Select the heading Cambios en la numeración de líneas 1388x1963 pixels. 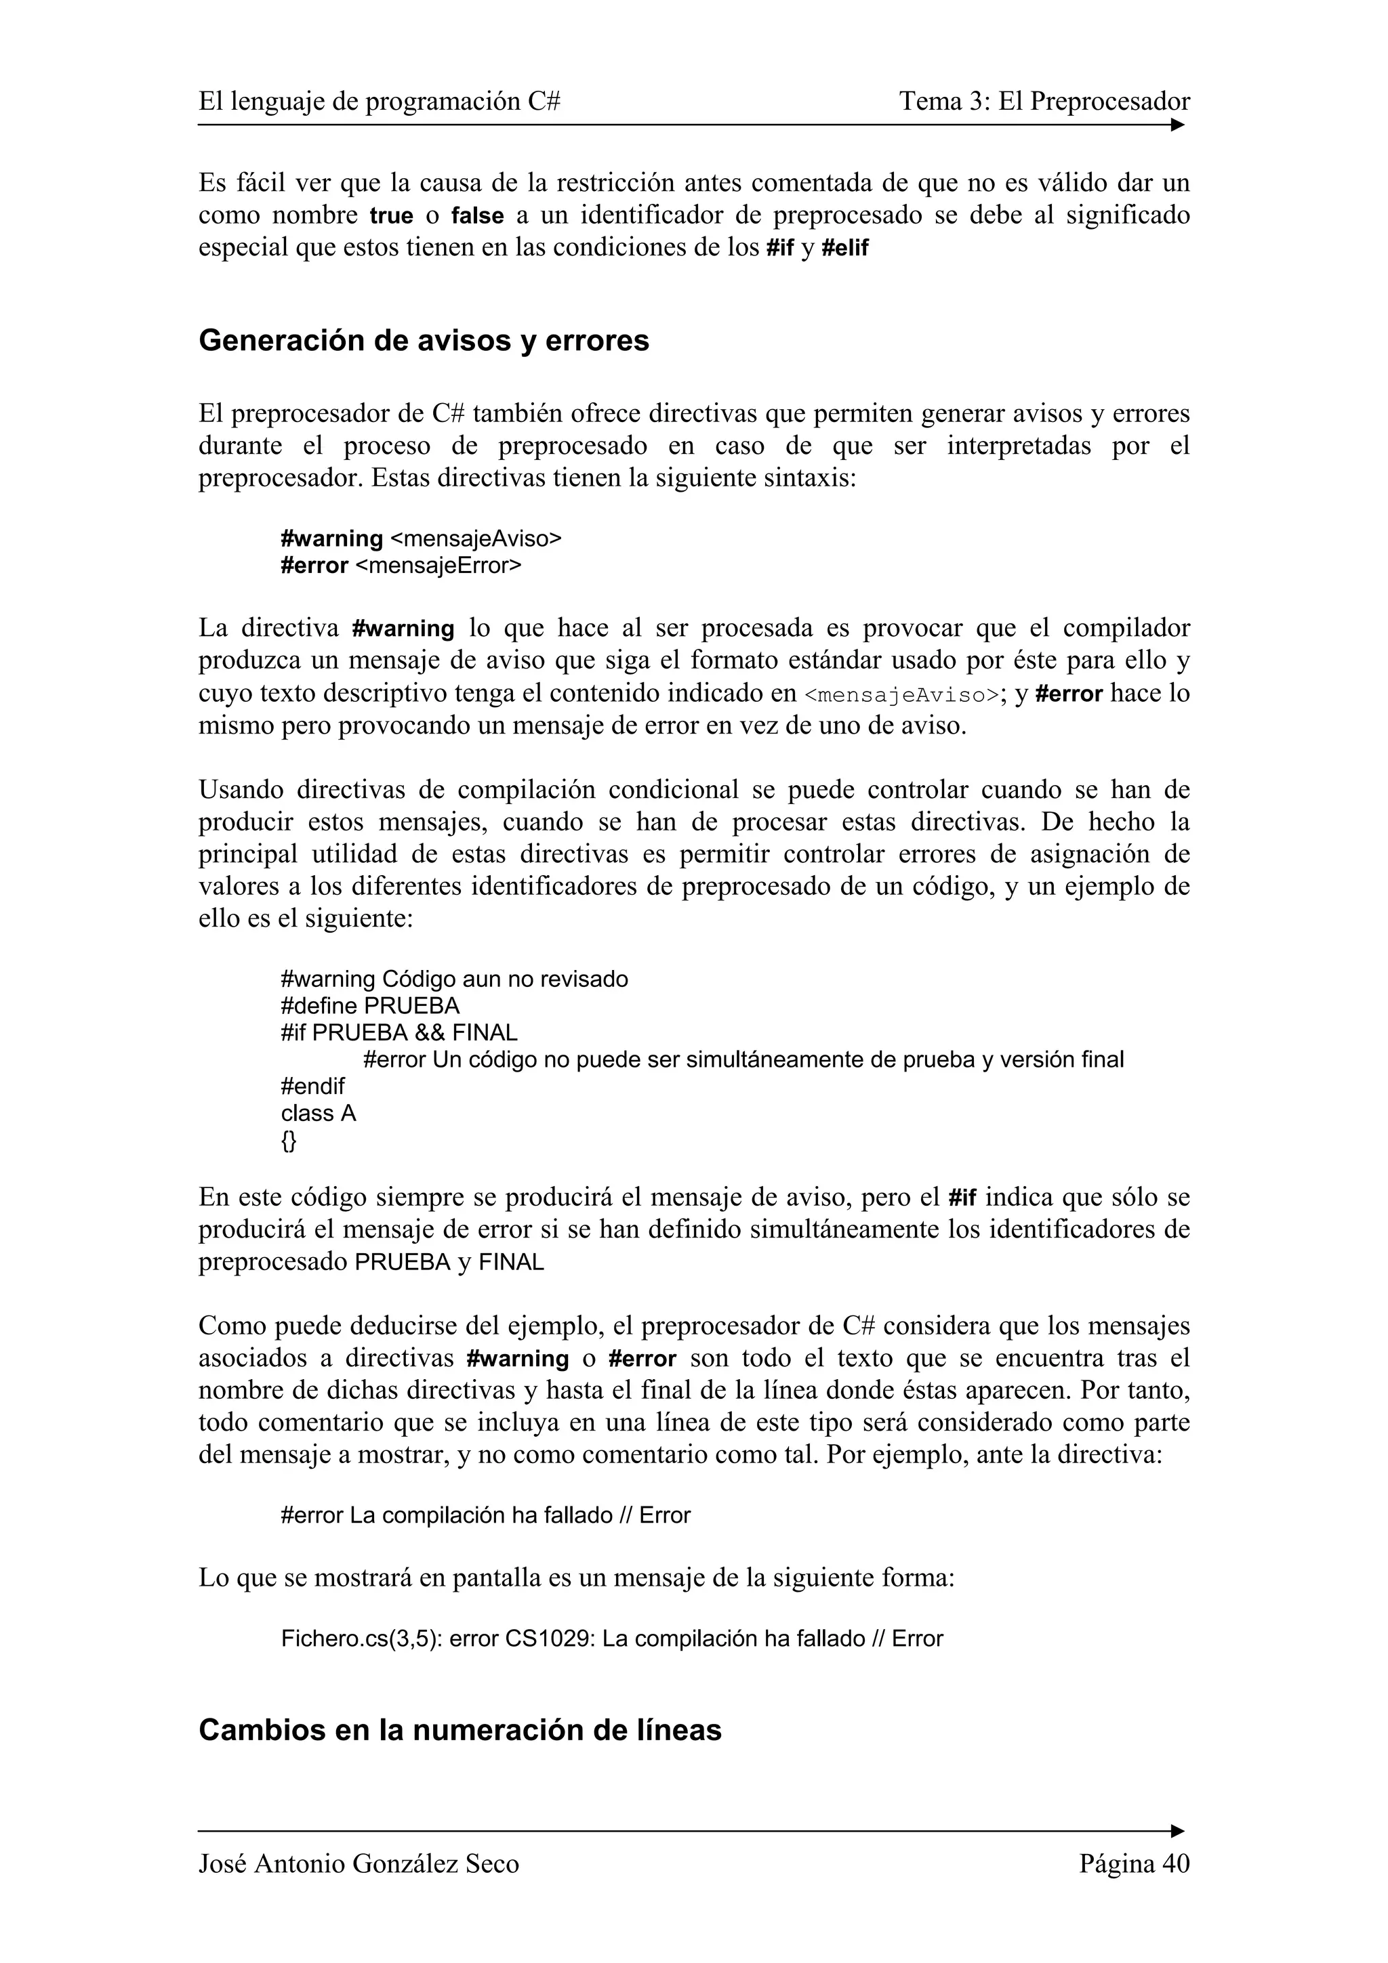[460, 1729]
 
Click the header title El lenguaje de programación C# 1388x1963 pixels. [379, 102]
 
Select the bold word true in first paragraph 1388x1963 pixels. [391, 216]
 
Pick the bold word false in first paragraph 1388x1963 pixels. [477, 216]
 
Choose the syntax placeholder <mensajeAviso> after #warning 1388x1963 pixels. [476, 539]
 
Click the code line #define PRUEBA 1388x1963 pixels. [369, 1005]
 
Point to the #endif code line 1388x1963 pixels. [312, 1086]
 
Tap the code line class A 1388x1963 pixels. [318, 1113]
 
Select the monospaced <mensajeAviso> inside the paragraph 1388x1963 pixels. [901, 695]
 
